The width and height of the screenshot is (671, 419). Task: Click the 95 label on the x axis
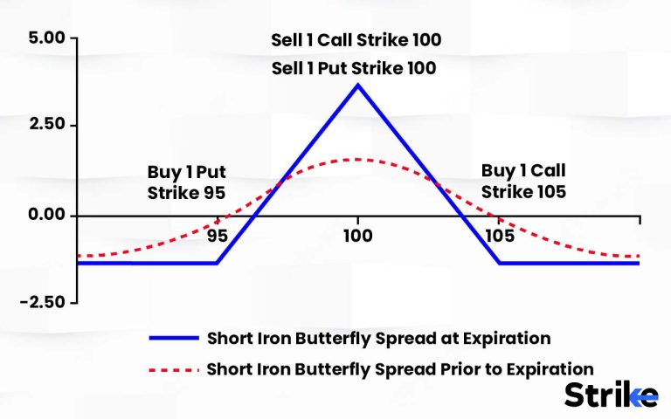[217, 237]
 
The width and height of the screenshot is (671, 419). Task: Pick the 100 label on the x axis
[357, 237]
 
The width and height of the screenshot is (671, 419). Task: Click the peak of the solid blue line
[357, 85]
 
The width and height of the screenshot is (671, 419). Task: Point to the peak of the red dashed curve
[357, 159]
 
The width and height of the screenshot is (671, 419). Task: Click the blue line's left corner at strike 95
[217, 263]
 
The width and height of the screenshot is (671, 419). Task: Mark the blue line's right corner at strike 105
[499, 263]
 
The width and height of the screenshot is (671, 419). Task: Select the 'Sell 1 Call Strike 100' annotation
[357, 40]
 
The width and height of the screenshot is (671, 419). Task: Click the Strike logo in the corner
[610, 395]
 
